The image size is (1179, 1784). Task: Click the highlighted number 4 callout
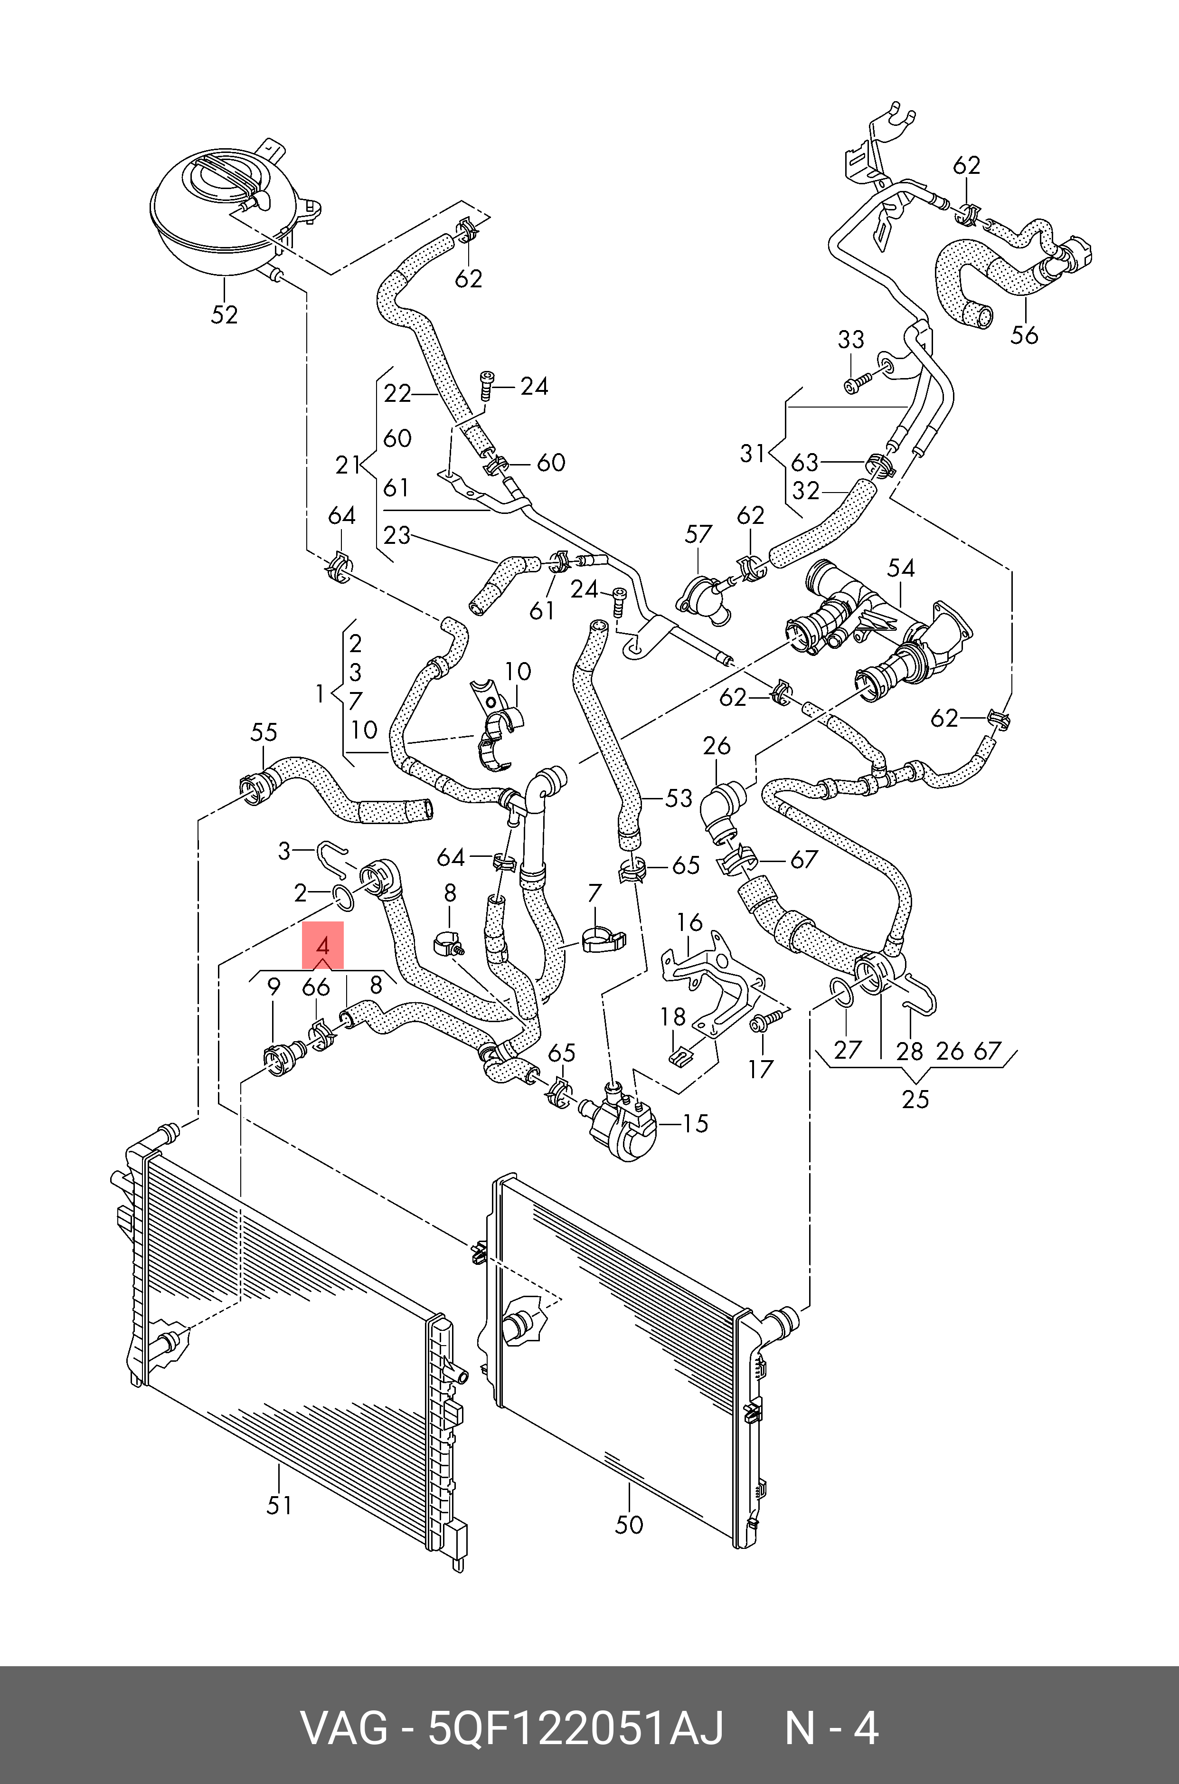[x=322, y=945]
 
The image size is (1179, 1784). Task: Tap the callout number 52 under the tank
[x=224, y=314]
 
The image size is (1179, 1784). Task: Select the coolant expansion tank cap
[x=225, y=178]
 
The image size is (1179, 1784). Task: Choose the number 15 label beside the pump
[x=695, y=1124]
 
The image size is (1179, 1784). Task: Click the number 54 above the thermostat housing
[x=901, y=568]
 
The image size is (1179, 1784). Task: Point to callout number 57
[x=698, y=534]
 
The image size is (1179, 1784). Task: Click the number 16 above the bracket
[x=689, y=922]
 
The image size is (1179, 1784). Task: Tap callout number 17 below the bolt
[x=760, y=1069]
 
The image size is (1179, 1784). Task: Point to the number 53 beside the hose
[x=678, y=798]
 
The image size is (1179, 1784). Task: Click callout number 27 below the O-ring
[x=848, y=1050]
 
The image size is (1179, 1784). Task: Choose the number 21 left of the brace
[x=348, y=465]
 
